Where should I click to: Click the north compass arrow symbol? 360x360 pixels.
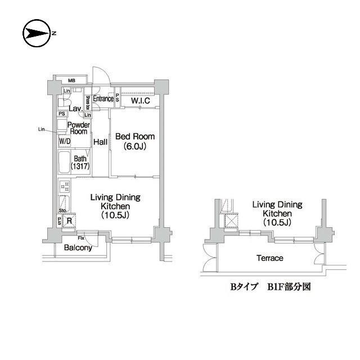[x=37, y=34]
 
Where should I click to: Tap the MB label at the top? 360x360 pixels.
[x=73, y=80]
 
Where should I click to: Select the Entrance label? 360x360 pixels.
[x=103, y=99]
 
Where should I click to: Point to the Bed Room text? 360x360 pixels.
[x=134, y=137]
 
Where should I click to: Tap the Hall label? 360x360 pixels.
[x=101, y=142]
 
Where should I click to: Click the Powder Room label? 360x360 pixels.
[x=78, y=128]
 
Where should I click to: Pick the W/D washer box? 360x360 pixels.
[x=64, y=141]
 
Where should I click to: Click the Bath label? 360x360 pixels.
[x=80, y=159]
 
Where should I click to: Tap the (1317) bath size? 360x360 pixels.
[x=80, y=167]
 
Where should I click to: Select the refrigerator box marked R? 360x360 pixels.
[x=69, y=221]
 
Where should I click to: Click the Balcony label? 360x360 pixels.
[x=78, y=247]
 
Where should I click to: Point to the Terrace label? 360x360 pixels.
[x=269, y=258]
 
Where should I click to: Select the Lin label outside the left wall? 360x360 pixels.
[x=41, y=129]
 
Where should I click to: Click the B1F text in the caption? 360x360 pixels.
[x=275, y=286]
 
